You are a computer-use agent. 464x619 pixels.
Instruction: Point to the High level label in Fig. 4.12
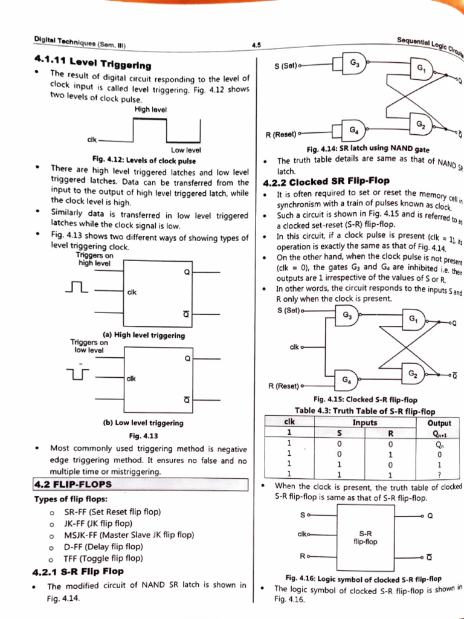(x=150, y=109)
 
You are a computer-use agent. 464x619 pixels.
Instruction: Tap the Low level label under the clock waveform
(x=186, y=150)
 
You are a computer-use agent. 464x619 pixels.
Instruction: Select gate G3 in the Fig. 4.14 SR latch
(x=354, y=63)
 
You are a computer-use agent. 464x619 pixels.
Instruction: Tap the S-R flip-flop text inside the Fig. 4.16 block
(x=365, y=537)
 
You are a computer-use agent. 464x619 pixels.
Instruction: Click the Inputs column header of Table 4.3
(x=365, y=423)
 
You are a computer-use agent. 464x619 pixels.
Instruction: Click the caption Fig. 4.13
(x=144, y=436)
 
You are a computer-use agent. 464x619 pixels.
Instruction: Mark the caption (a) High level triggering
(x=144, y=335)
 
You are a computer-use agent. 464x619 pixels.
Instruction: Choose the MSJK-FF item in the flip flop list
(x=129, y=535)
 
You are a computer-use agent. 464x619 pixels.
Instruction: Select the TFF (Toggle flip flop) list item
(x=103, y=559)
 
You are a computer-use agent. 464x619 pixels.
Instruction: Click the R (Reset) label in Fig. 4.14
(x=281, y=134)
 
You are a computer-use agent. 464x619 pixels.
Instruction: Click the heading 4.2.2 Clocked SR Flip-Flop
(x=326, y=181)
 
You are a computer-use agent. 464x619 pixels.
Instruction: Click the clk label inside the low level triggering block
(x=131, y=378)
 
